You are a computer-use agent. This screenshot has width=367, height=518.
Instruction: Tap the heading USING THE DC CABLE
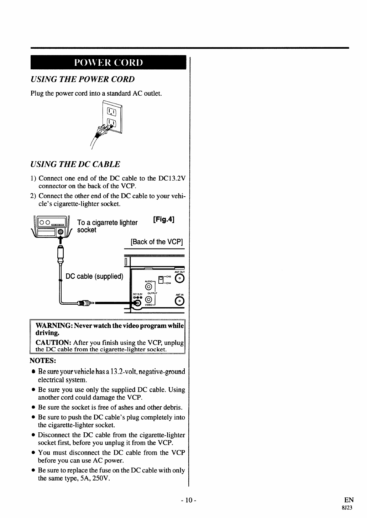coord(75,164)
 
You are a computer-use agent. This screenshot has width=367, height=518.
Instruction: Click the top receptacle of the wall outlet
coord(111,114)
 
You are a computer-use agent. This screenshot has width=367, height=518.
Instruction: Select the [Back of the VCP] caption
coord(157,242)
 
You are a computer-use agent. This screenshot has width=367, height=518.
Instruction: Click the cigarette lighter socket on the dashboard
coord(60,232)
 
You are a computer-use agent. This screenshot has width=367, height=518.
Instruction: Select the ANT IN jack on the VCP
coord(180,301)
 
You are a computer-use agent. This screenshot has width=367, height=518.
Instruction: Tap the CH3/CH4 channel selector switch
coord(161,279)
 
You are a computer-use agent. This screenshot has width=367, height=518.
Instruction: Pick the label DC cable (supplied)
coord(95,276)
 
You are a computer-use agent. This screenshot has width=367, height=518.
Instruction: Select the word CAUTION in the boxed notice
coord(53,342)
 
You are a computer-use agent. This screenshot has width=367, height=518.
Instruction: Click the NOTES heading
coord(43,361)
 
